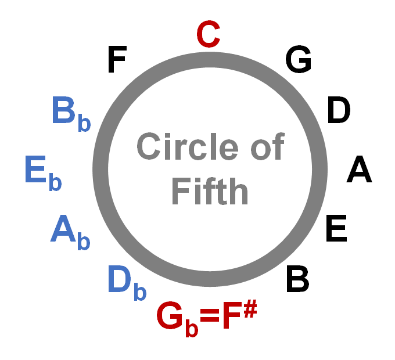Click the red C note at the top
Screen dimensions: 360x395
coord(209,34)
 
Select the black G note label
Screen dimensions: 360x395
coord(299,59)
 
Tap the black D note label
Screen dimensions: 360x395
coord(339,110)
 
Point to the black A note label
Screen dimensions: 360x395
coord(359,171)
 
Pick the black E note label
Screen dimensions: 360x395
coord(336,229)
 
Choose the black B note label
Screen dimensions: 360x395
coord(297,278)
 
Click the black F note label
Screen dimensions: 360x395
coord(117,60)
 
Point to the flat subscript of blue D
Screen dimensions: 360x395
coord(140,291)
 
